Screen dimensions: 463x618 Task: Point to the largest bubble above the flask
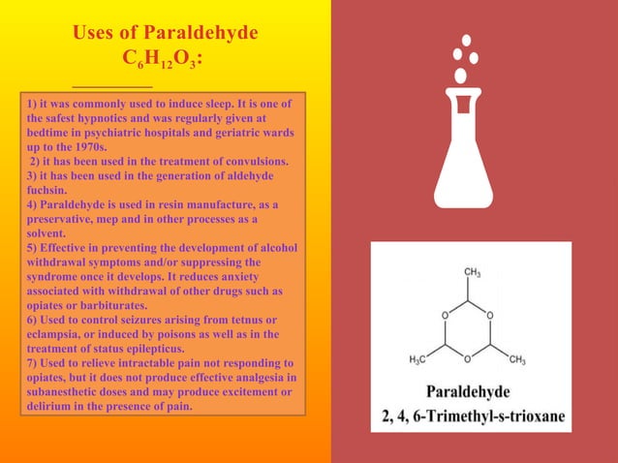[461, 75]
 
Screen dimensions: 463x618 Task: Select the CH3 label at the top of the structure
[474, 272]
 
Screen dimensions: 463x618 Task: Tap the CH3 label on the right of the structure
[517, 360]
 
